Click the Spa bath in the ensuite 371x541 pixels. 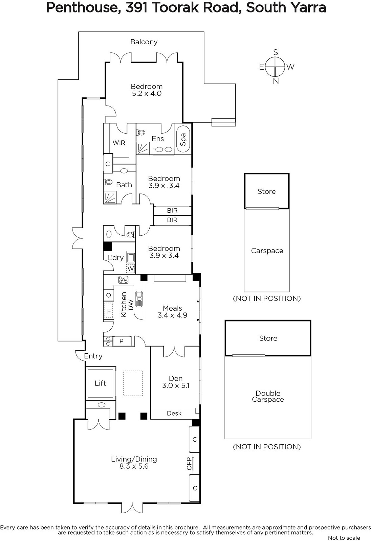pos(183,139)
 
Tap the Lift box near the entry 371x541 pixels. pos(100,383)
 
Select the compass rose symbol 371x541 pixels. pos(275,66)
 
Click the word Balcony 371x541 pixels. pos(144,42)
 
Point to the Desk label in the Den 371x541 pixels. pos(174,413)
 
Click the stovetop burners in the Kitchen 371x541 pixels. pos(123,280)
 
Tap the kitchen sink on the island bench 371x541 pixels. pos(139,299)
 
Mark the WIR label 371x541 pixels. pos(119,143)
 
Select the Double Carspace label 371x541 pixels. pos(268,396)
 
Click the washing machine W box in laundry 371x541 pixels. pos(131,268)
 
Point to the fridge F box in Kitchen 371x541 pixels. pos(109,311)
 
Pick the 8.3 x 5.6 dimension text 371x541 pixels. pos(134,466)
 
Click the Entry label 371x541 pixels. pos(93,356)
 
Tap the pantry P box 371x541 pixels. pos(122,341)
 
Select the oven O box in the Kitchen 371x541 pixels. pos(108,295)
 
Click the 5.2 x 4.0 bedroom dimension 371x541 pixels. pos(147,93)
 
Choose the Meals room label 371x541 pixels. pos(172,308)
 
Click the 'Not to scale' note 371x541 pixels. pos(344,538)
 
